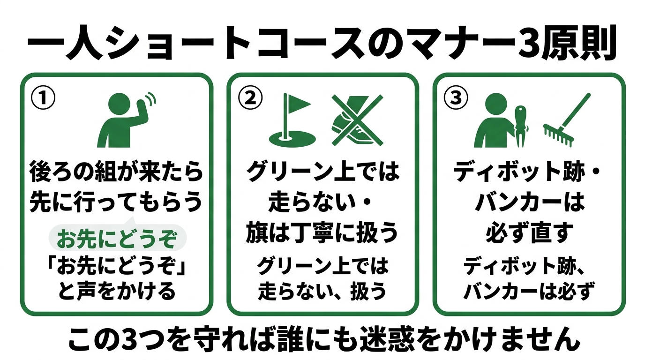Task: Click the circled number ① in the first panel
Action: (x=43, y=97)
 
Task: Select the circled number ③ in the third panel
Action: (x=456, y=97)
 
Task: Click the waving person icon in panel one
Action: (x=124, y=120)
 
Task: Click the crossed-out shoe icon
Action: (x=357, y=119)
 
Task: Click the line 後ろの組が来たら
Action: (x=116, y=172)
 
